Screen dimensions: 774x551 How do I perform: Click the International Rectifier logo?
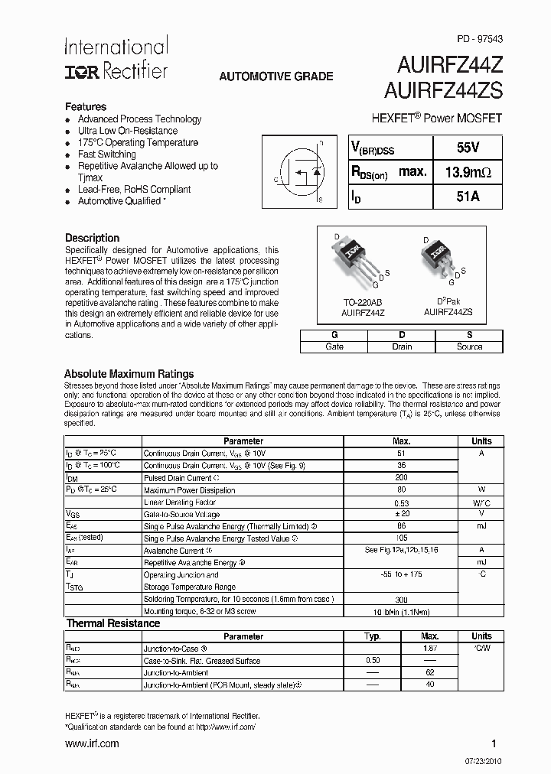pyautogui.click(x=115, y=58)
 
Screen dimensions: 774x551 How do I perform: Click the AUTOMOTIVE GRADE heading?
pyautogui.click(x=276, y=76)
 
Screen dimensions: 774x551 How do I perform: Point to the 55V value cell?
pyautogui.click(x=468, y=147)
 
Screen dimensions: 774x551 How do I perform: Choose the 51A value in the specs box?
pyautogui.click(x=468, y=197)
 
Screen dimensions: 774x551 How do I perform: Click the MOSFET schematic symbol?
pyautogui.click(x=305, y=173)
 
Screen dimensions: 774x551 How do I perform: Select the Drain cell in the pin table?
pyautogui.click(x=402, y=346)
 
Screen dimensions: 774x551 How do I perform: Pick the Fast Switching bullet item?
pyautogui.click(x=106, y=154)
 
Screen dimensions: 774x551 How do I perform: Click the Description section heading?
pyautogui.click(x=92, y=238)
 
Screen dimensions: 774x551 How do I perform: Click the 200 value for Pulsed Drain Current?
pyautogui.click(x=402, y=478)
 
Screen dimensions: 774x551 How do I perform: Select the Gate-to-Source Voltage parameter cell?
pyautogui.click(x=181, y=514)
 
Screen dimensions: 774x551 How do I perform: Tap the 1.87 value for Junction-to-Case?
pyautogui.click(x=429, y=648)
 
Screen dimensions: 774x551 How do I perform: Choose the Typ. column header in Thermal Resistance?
pyautogui.click(x=373, y=636)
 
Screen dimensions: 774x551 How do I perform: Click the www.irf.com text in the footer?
pyautogui.click(x=92, y=743)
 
